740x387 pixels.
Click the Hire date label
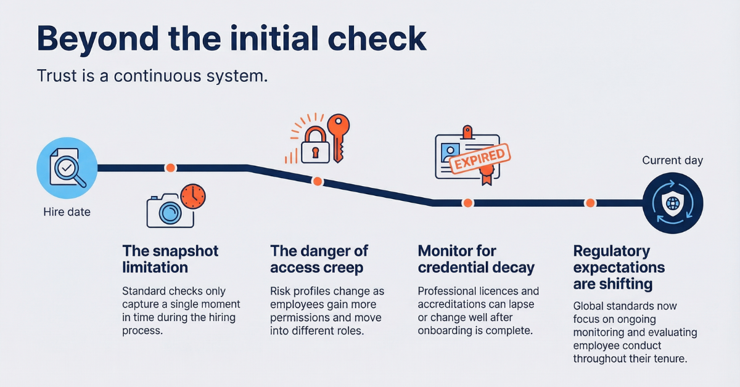(67, 212)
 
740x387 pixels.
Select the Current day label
(672, 161)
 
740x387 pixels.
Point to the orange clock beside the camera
(192, 196)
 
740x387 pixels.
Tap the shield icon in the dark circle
(672, 203)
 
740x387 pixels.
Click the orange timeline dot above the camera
(170, 168)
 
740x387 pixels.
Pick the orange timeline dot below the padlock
(318, 181)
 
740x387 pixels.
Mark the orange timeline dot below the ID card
(467, 203)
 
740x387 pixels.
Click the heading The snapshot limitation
(170, 259)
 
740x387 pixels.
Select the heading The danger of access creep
(319, 259)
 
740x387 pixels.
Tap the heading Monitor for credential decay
(476, 259)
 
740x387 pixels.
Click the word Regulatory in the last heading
(611, 251)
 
